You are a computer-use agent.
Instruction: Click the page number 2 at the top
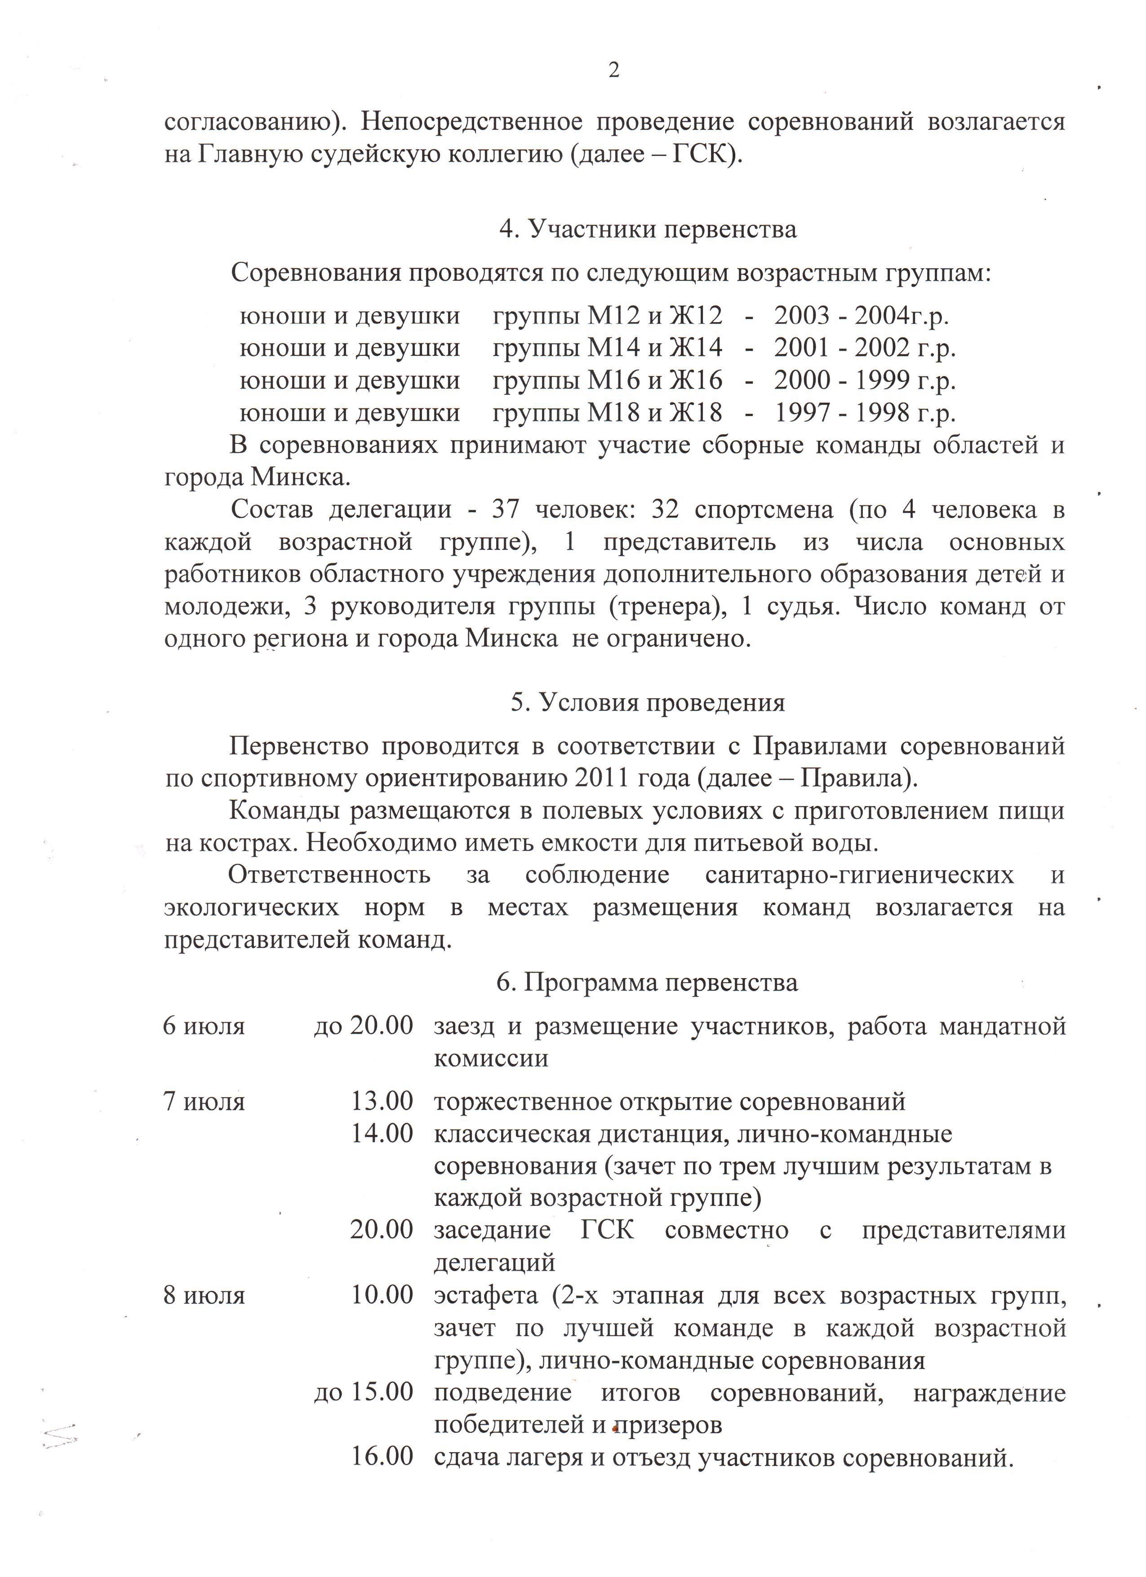click(x=613, y=70)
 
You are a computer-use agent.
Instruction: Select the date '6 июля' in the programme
click(x=204, y=1026)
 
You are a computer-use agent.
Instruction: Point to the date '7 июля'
click(x=204, y=1101)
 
